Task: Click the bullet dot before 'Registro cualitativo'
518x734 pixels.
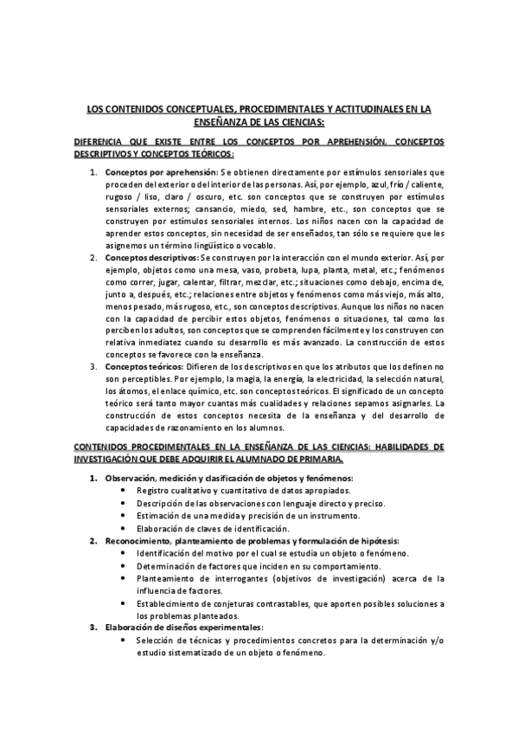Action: point(127,491)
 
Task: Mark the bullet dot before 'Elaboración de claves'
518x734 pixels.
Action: point(127,528)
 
